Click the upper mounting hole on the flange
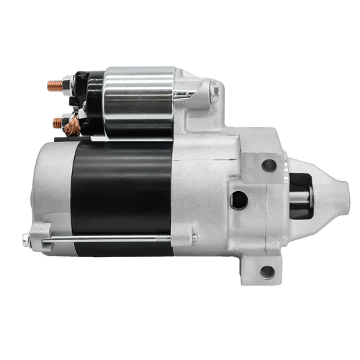(x=268, y=164)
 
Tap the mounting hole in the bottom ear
(x=267, y=271)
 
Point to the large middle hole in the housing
(x=238, y=198)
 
